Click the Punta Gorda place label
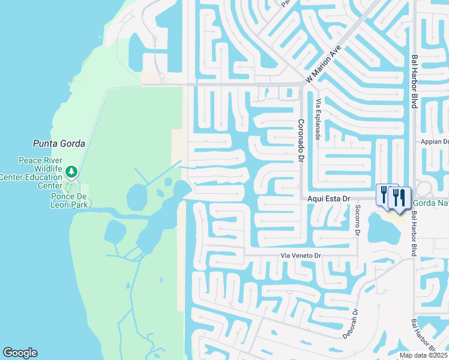[58, 144]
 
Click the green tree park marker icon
[72, 172]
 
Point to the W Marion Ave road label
[323, 64]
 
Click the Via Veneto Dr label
[302, 256]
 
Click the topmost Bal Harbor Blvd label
[414, 82]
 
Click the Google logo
[20, 353]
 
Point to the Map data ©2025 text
[423, 355]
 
